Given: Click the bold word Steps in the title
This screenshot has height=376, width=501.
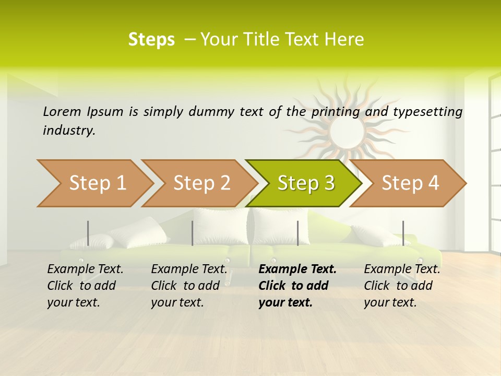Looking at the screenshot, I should click(x=151, y=39).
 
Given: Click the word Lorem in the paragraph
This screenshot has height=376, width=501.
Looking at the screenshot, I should click(x=62, y=111).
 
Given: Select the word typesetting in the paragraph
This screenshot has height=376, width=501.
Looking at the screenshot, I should click(x=427, y=112).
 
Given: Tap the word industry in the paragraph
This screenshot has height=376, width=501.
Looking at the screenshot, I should click(x=69, y=131).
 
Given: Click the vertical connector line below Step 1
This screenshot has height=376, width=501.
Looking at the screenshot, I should click(x=88, y=233).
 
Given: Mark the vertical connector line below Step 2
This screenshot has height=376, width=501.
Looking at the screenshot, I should click(x=193, y=233).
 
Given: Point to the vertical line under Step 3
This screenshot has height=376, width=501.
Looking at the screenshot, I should click(x=297, y=233).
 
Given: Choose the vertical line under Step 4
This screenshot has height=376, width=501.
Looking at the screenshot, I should click(x=403, y=233).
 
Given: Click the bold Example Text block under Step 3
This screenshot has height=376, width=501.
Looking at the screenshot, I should click(x=297, y=286).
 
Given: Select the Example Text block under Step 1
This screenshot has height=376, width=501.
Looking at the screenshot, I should click(x=85, y=286).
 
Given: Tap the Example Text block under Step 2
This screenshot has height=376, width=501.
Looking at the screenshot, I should click(x=189, y=286).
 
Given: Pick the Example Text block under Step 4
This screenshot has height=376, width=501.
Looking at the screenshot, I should click(x=402, y=286).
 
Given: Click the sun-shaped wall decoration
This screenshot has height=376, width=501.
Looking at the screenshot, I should click(x=344, y=128).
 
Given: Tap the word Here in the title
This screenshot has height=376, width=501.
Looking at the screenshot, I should click(x=344, y=39).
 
